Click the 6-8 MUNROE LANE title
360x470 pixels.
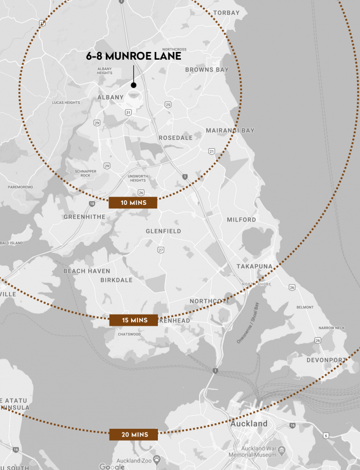133,56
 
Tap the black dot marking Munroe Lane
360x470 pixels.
133,85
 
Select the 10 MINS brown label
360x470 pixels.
133,203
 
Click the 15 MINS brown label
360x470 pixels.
133,320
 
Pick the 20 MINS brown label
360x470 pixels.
133,434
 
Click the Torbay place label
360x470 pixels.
226,12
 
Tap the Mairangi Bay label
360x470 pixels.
230,131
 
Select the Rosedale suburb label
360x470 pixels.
175,138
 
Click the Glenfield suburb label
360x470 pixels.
163,231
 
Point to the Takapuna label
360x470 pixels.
254,266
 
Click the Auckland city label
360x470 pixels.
249,424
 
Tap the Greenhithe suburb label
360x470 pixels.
84,217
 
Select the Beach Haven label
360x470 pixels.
86,271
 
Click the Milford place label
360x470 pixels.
241,220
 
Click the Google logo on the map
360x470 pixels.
112,466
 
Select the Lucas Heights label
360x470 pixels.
66,103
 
